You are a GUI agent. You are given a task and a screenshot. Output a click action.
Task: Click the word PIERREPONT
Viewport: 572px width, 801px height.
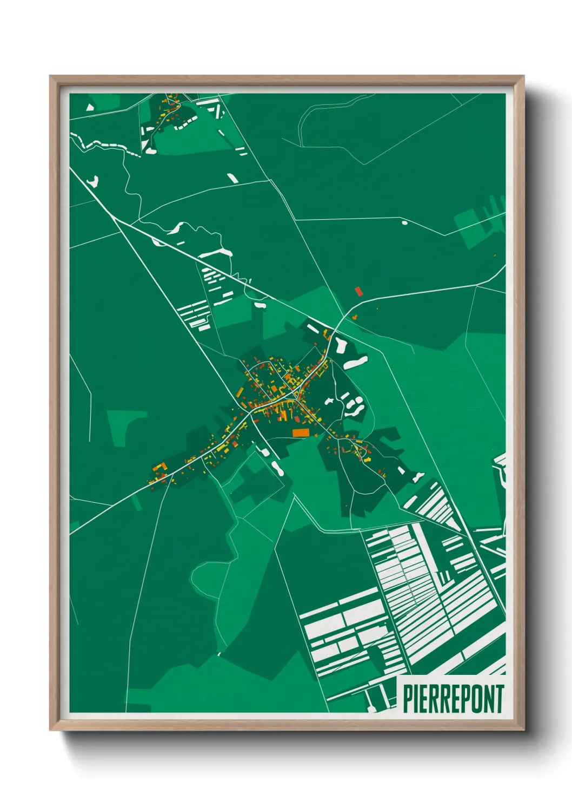(454, 699)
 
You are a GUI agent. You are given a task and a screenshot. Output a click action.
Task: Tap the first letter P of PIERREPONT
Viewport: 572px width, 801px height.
(407, 699)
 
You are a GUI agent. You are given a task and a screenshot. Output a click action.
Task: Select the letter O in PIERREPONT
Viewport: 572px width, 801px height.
(475, 699)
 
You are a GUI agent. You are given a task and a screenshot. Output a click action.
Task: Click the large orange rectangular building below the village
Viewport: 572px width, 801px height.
(300, 432)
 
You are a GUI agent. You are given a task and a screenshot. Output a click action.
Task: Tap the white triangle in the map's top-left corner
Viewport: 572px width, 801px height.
(90, 107)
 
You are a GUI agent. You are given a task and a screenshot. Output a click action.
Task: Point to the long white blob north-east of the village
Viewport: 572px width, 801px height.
(356, 363)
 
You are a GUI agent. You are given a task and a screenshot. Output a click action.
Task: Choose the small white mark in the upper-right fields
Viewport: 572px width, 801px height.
(404, 221)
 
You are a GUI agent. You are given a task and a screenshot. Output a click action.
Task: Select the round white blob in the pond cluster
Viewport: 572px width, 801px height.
(329, 402)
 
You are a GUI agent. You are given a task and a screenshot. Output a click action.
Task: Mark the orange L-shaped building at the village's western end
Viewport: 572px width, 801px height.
(159, 468)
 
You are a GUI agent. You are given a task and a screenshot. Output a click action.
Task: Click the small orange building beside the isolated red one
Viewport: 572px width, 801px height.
(355, 317)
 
